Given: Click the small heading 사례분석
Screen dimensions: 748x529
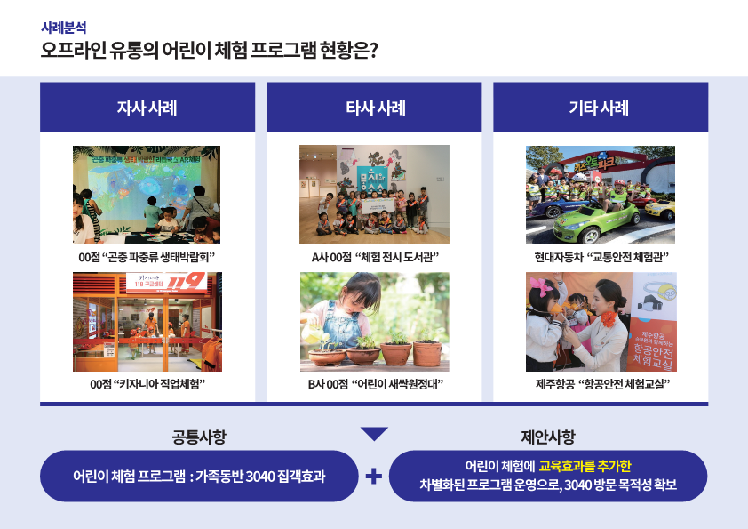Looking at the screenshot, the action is pyautogui.click(x=63, y=28).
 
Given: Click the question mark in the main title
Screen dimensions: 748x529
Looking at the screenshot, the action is pyautogui.click(x=373, y=50).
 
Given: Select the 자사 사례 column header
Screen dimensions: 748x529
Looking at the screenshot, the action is pyautogui.click(x=147, y=108).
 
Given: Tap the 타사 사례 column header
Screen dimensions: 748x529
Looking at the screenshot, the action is pyautogui.click(x=374, y=108).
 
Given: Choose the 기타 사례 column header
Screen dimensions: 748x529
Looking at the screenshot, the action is pyautogui.click(x=601, y=108).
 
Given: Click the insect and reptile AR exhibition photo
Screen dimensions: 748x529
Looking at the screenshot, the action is pyautogui.click(x=147, y=195).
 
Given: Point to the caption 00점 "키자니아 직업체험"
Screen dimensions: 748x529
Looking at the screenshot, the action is pyautogui.click(x=147, y=384).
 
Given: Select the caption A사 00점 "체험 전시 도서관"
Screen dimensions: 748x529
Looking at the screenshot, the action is pyautogui.click(x=375, y=258).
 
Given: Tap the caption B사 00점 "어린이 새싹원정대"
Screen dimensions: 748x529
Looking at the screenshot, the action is pyautogui.click(x=376, y=384).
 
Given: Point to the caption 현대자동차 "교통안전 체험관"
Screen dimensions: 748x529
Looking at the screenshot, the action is pyautogui.click(x=601, y=258).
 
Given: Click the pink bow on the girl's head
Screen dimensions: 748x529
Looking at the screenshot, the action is pyautogui.click(x=540, y=285).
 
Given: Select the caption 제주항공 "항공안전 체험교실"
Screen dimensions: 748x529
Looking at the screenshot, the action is pyautogui.click(x=602, y=384).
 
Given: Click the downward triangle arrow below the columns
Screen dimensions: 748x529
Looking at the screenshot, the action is pyautogui.click(x=374, y=433).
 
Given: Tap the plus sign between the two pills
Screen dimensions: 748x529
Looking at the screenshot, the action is pyautogui.click(x=373, y=476).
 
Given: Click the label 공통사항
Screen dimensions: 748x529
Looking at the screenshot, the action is pyautogui.click(x=199, y=437).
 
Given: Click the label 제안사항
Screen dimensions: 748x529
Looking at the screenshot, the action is pyautogui.click(x=548, y=437).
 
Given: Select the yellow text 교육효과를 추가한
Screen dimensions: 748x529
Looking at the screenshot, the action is pyautogui.click(x=585, y=466).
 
